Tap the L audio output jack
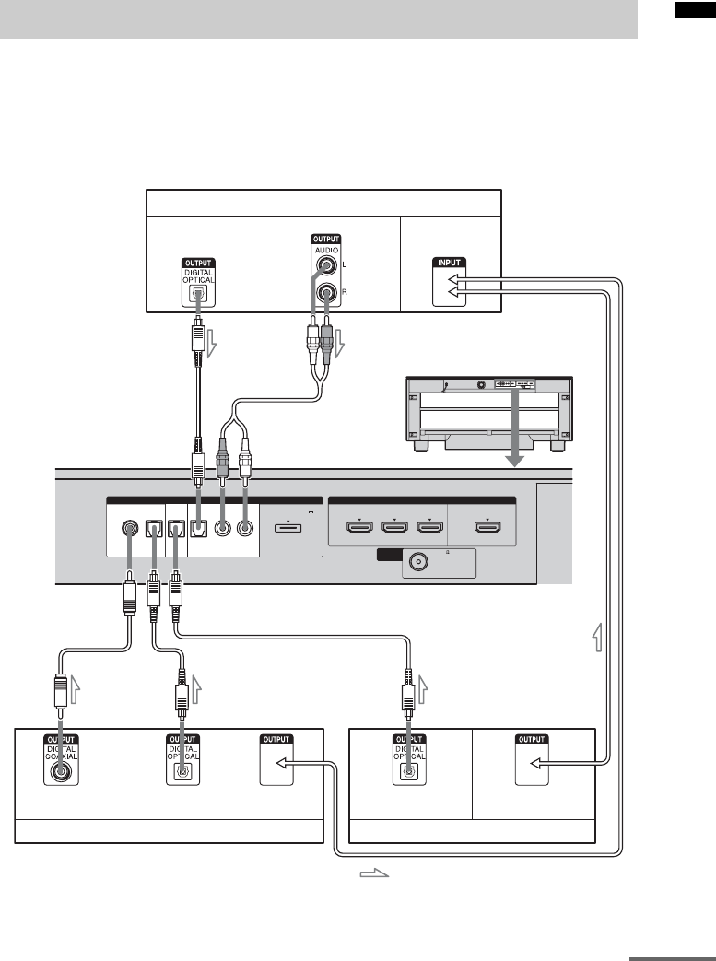324,267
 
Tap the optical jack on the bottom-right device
405,772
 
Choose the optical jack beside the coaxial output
183,772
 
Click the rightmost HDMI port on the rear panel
487,528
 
